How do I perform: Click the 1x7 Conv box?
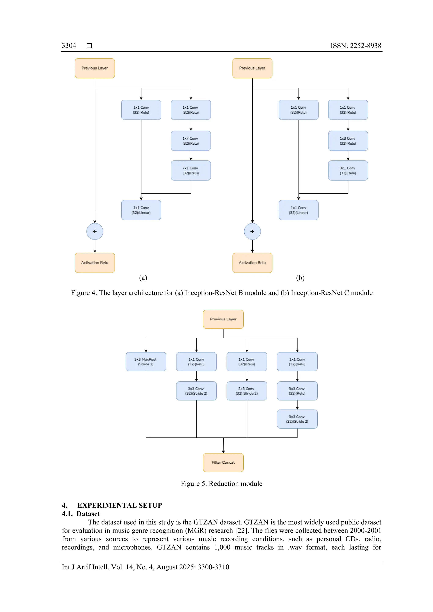tap(191, 141)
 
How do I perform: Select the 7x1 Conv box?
tap(191, 170)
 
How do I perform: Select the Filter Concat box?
tap(223, 462)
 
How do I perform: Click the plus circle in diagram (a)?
tap(95, 231)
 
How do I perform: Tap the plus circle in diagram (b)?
tap(252, 231)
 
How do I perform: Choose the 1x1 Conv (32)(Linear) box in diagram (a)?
tap(141, 210)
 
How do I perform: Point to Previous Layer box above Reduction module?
tap(223, 319)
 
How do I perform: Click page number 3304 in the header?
tap(69, 46)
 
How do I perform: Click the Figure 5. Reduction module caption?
tap(221, 484)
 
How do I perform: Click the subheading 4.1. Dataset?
tap(81, 514)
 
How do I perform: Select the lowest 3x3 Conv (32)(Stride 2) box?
tap(297, 419)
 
